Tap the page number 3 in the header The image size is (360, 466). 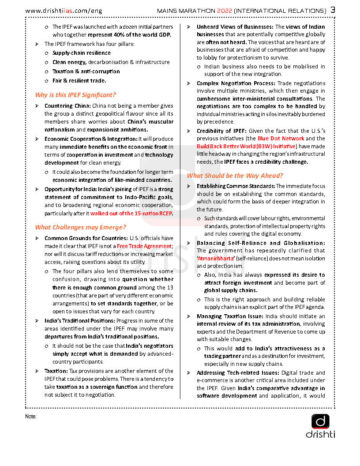tap(333, 10)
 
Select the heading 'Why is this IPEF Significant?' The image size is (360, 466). tap(75, 95)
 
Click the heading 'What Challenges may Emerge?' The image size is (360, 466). tap(81, 227)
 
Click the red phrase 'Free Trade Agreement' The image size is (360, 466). tap(144, 246)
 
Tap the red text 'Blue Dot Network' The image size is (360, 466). tap(281, 139)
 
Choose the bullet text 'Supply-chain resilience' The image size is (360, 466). tap(82, 53)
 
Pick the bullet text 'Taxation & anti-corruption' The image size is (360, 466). tap(86, 71)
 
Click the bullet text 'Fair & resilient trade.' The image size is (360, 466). tap(79, 81)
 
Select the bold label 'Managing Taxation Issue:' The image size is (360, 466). tap(229, 316)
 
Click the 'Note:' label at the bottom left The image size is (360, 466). tap(31, 416)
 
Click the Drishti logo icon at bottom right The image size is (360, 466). tap(320, 422)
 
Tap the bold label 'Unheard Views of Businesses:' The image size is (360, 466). tap(235, 27)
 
